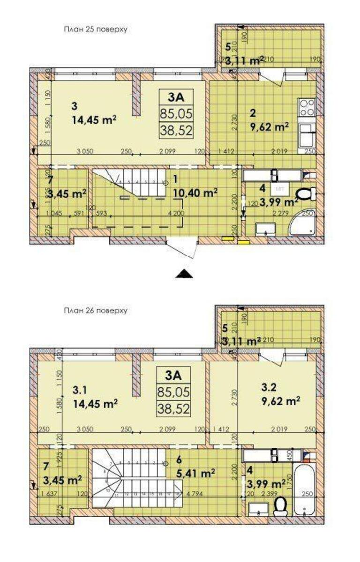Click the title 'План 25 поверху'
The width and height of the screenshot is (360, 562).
pyautogui.click(x=96, y=29)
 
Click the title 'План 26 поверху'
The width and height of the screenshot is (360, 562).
pyautogui.click(x=96, y=310)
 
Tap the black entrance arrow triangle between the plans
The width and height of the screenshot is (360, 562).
pyautogui.click(x=184, y=274)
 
